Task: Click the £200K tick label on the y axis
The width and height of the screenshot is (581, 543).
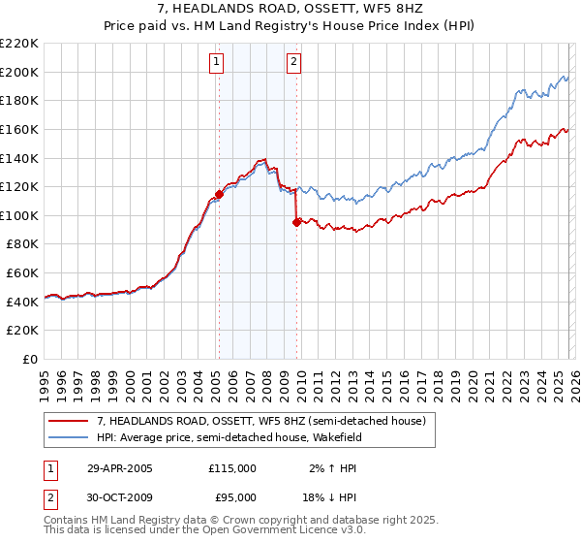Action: (19, 72)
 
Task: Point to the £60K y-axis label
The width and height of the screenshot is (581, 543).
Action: (22, 273)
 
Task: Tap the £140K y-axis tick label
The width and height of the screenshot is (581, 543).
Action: (19, 158)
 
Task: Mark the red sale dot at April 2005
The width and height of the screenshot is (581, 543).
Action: (219, 194)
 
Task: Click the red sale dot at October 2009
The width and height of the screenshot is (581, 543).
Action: (296, 222)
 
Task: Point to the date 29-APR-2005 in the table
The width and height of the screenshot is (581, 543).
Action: (120, 468)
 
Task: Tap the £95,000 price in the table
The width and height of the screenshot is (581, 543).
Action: (232, 496)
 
